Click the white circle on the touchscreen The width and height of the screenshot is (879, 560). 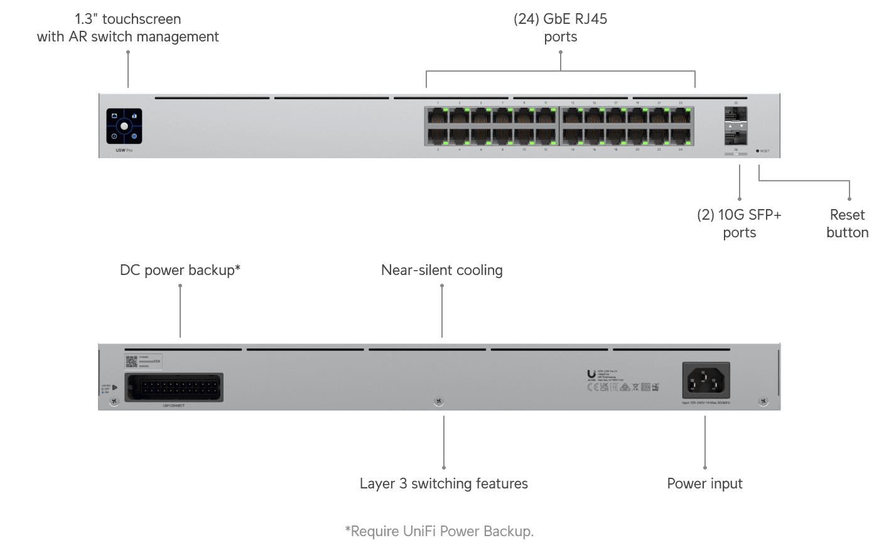124,126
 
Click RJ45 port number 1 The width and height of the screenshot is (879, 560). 437,115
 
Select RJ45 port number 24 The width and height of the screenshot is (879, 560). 681,137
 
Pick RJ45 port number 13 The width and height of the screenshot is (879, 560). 573,115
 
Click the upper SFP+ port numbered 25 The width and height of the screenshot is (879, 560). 735,114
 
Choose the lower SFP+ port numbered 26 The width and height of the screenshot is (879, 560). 735,137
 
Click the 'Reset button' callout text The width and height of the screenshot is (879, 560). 847,223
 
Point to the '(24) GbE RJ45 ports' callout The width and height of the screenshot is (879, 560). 560,28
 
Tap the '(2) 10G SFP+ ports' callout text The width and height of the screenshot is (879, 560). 739,223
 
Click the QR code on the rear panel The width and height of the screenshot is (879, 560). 131,361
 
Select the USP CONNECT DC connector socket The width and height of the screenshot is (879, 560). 174,387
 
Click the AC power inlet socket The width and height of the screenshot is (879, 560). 706,380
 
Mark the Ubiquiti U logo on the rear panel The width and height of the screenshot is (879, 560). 591,375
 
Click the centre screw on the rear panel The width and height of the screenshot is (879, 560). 439,401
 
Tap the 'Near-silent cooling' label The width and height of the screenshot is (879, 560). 441,270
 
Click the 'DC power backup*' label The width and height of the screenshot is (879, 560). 180,270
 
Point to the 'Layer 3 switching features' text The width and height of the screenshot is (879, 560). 443,483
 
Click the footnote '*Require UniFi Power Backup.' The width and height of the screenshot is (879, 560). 439,531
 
